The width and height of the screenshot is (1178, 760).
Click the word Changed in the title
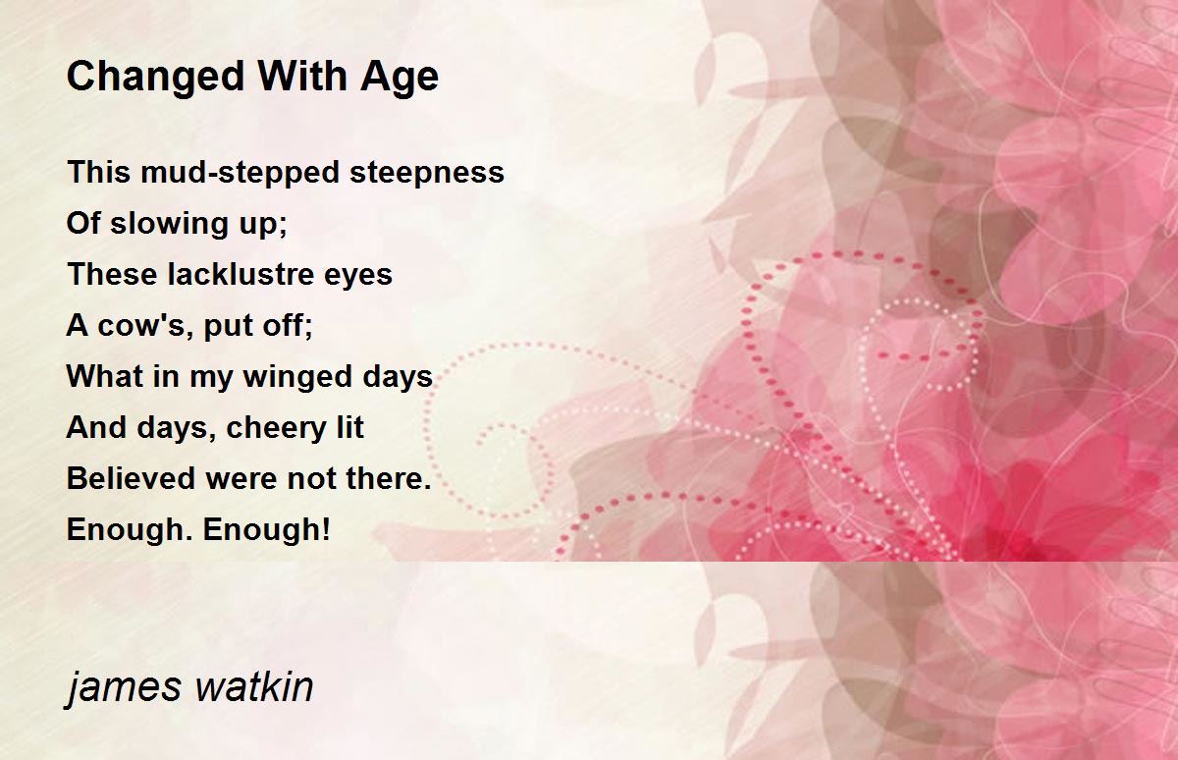[x=156, y=78]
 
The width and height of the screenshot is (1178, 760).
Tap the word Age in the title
[x=400, y=78]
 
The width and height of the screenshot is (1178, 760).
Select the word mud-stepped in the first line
[x=240, y=173]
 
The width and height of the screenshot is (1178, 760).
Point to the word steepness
[x=426, y=173]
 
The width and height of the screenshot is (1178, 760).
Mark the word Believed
[x=131, y=478]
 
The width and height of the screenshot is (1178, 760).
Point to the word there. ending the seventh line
[x=389, y=478]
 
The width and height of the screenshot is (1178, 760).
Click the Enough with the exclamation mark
[x=267, y=530]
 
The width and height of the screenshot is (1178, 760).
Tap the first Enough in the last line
[x=131, y=530]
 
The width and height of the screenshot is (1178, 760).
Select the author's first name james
[x=123, y=687]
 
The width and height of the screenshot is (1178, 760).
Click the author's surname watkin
[x=253, y=685]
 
